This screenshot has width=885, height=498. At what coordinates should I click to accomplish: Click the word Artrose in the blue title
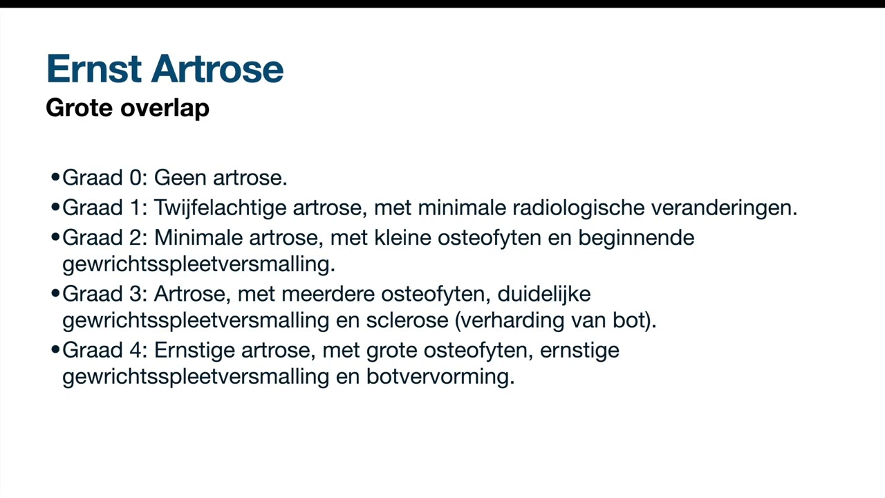coord(217,69)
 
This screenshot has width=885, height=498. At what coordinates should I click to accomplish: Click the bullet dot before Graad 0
coord(55,178)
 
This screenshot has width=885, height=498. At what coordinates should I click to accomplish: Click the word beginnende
coord(636,239)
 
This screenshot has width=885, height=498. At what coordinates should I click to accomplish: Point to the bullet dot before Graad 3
coord(55,294)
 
